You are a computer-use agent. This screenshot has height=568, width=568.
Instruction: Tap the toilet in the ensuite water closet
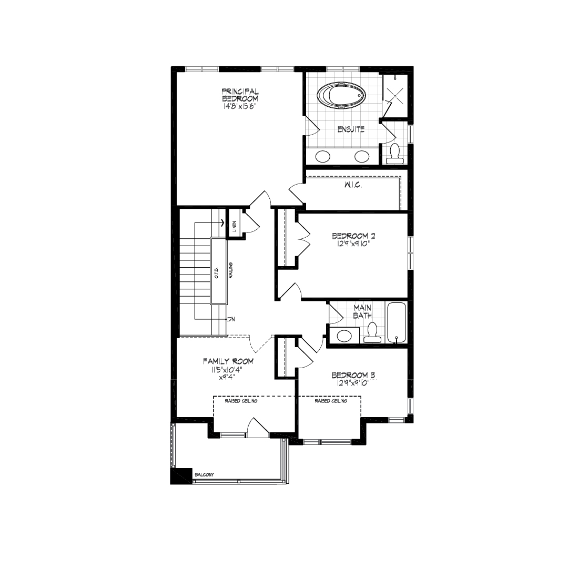[394, 154]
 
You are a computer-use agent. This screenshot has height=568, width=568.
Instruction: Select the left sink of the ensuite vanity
[323, 157]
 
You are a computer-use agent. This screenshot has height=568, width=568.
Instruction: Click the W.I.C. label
[353, 185]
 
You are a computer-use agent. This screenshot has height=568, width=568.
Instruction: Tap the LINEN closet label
[235, 226]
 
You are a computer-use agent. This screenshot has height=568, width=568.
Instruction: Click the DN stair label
[231, 320]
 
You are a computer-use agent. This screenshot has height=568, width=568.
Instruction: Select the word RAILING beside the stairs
[230, 270]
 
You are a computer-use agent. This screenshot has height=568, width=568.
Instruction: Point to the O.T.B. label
[217, 272]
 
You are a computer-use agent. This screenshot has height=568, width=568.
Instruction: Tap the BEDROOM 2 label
[353, 236]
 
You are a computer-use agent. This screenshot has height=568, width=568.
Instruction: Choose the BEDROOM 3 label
[353, 376]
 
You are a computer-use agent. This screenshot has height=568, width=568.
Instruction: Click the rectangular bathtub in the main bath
[397, 322]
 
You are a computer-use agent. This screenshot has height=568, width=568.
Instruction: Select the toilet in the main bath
[372, 333]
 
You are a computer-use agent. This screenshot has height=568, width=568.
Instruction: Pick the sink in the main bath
[344, 336]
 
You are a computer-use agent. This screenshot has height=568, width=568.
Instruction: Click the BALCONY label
[204, 474]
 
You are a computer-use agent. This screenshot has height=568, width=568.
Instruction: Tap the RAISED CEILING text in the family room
[241, 401]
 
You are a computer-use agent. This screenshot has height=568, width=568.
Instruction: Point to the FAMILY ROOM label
[228, 361]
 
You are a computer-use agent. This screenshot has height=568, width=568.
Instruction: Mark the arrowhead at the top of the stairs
[223, 222]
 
